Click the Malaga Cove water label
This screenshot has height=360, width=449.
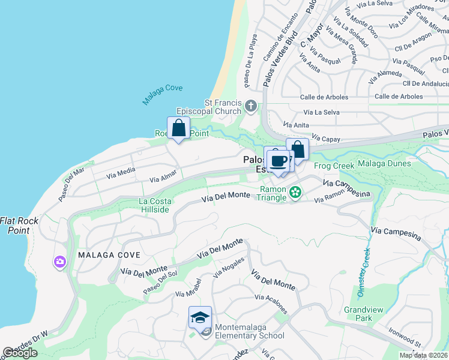tap(162, 95)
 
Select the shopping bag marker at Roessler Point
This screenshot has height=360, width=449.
tap(178, 128)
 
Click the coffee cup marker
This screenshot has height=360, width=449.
tap(278, 161)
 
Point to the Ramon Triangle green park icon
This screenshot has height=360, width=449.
tap(295, 192)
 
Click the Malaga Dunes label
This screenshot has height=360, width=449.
tap(384, 163)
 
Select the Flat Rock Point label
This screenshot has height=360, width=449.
tap(19, 226)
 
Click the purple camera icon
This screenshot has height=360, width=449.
tap(59, 261)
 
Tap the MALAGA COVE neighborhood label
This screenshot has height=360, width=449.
tap(109, 255)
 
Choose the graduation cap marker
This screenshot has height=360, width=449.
tap(200, 317)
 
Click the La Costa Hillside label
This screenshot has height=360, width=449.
tap(155, 205)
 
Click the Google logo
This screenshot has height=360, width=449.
tap(20, 353)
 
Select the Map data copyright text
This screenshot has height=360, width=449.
tap(423, 355)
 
